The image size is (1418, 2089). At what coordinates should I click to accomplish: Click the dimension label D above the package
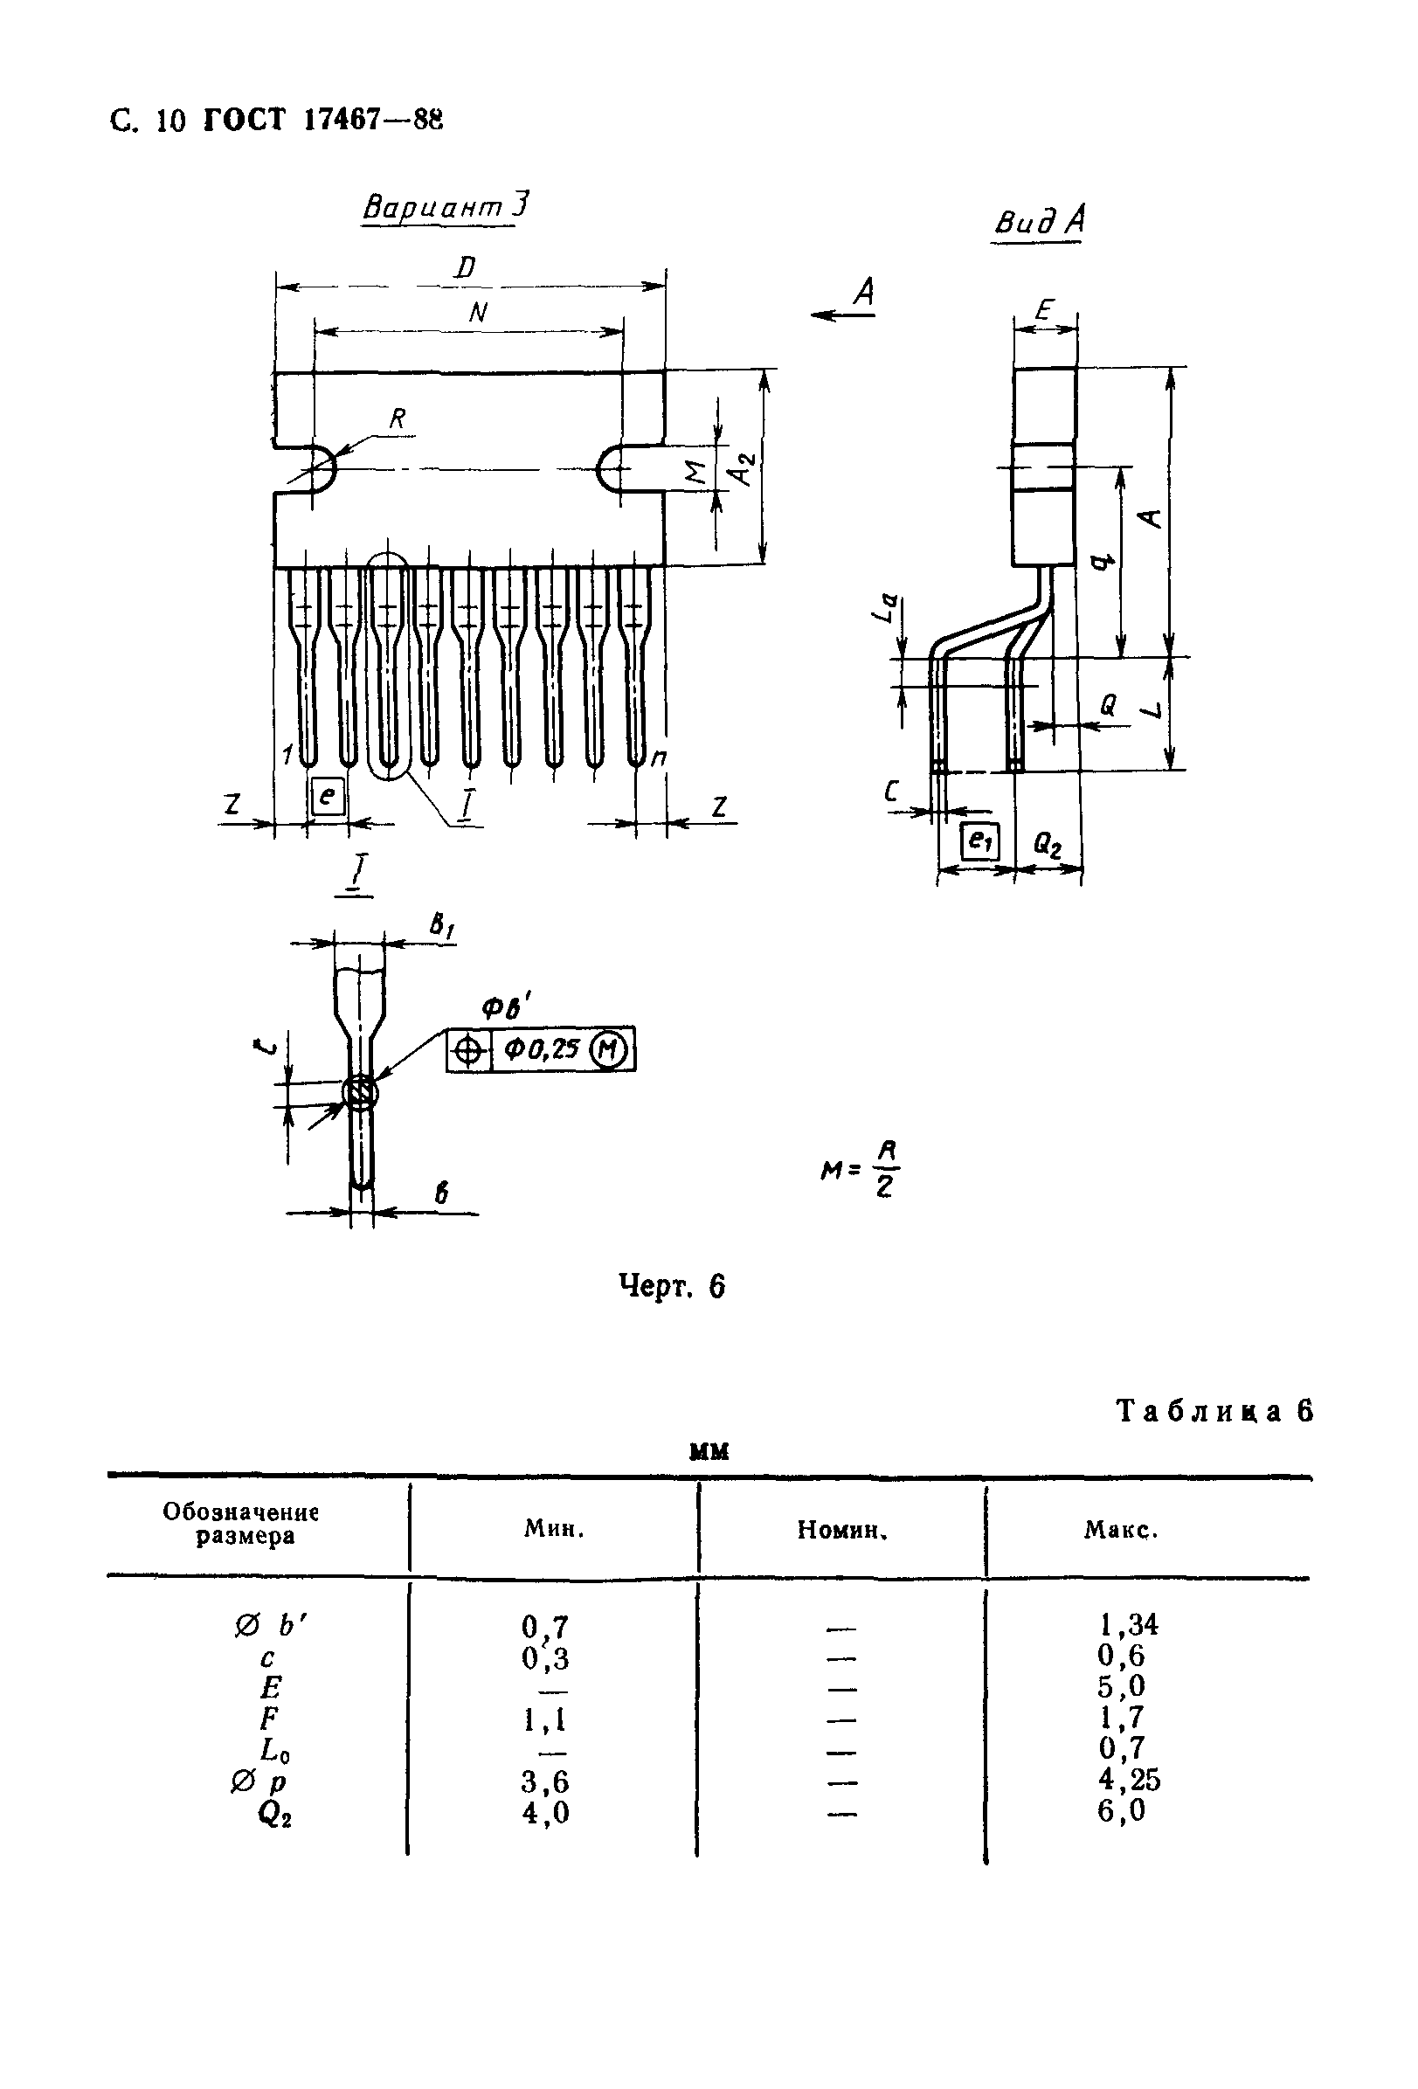click(x=466, y=267)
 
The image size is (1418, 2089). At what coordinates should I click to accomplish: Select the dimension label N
click(x=478, y=312)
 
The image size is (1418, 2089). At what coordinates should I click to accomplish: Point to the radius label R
click(x=398, y=418)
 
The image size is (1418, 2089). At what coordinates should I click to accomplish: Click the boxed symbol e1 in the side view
click(x=979, y=840)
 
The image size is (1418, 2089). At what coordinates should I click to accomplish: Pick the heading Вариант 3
click(x=445, y=207)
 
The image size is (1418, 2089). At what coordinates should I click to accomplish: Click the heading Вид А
click(x=1039, y=220)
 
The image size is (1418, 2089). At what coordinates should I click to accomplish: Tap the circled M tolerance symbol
click(x=610, y=1049)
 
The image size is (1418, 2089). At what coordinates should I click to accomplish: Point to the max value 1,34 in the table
click(x=1129, y=1623)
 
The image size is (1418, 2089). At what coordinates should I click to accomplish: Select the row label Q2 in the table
click(x=275, y=1814)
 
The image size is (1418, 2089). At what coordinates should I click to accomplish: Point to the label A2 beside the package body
click(x=744, y=467)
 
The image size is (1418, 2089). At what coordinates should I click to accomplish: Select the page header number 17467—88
click(x=372, y=120)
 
